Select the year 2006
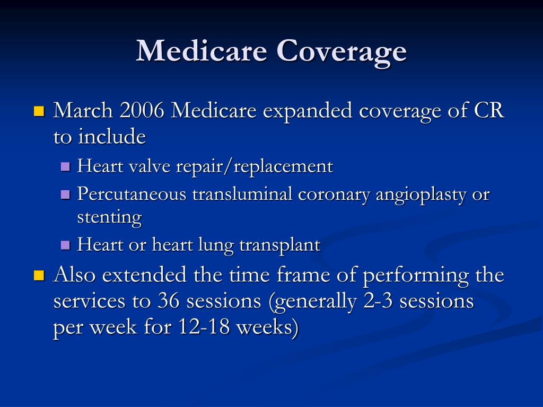point(142,111)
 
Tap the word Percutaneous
point(132,194)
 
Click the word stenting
point(109,217)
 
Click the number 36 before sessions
point(169,301)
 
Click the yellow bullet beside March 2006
point(39,111)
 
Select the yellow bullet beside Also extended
point(39,275)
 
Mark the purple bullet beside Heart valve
point(66,167)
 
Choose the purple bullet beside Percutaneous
point(66,194)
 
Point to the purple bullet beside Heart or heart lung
point(66,245)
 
